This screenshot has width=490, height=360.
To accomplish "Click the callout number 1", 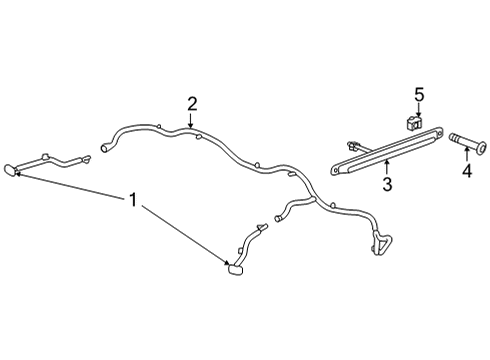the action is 133,200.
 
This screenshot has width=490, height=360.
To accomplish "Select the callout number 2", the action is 192,104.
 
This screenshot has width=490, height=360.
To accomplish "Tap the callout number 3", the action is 387,184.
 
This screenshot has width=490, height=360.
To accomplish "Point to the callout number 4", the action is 467,171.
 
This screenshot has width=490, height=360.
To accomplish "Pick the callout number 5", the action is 419,95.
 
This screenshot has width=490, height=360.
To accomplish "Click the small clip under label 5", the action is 414,123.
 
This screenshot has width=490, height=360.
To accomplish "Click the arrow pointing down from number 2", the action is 190,121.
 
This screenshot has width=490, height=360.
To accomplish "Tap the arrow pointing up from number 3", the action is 387,167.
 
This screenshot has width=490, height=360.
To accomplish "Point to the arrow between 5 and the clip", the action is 419,110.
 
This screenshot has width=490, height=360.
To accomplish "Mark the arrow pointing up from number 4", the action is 467,154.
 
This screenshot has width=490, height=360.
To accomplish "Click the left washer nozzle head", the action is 10,170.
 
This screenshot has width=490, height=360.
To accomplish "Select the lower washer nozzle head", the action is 236,269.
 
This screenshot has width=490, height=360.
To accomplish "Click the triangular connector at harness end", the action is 381,242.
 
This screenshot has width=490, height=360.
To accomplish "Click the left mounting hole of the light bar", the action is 335,170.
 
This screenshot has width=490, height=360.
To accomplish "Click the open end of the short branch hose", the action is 277,218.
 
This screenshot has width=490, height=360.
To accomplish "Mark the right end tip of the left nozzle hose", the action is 88,158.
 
